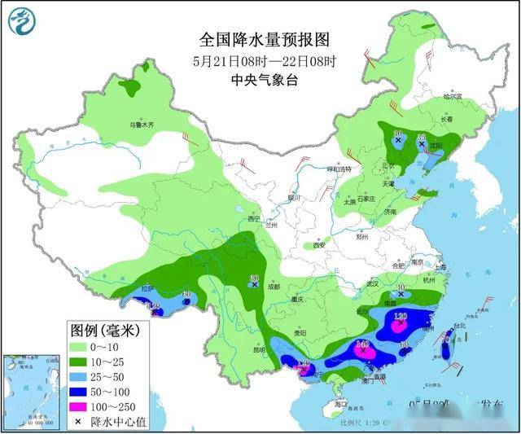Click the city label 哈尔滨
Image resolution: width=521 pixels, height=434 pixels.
pyautogui.click(x=452, y=97)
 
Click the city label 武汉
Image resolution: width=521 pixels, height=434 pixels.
pyautogui.click(x=374, y=283)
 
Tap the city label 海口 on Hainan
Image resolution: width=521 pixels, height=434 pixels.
pyautogui.click(x=341, y=404)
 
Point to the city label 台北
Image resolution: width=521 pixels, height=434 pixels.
pyautogui.click(x=460, y=326)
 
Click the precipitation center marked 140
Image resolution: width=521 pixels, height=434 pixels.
pyautogui.click(x=362, y=347)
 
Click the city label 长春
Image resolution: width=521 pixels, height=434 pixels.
pyautogui.click(x=447, y=119)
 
